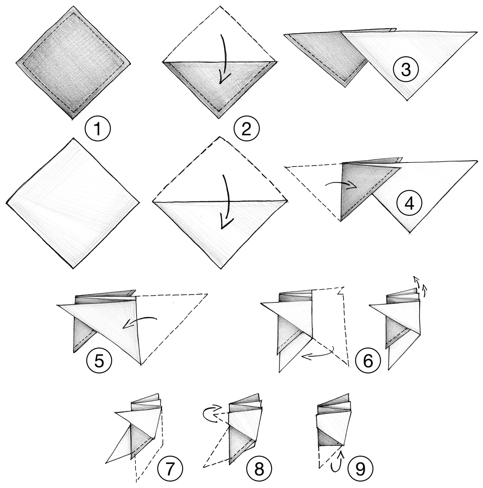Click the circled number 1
(x=98, y=129)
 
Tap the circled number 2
(x=247, y=129)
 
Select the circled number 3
(x=406, y=70)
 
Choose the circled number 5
(x=99, y=361)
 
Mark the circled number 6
(x=368, y=361)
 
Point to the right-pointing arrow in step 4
(x=341, y=185)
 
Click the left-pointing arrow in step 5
(x=139, y=322)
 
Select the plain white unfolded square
(x=73, y=203)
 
